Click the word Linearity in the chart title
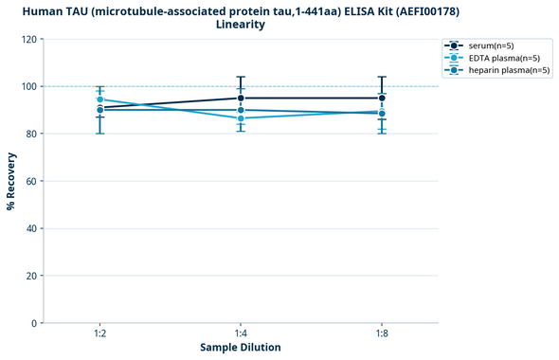tap(241, 25)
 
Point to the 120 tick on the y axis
tap(28, 39)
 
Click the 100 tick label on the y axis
tap(28, 86)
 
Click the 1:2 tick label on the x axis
tap(99, 333)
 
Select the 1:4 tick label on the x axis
tap(241, 333)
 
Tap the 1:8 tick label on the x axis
tap(382, 333)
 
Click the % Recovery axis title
tap(11, 180)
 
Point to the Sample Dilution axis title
tap(241, 348)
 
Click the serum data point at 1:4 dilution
tap(241, 98)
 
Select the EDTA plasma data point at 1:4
tap(241, 118)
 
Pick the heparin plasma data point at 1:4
tap(241, 110)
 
